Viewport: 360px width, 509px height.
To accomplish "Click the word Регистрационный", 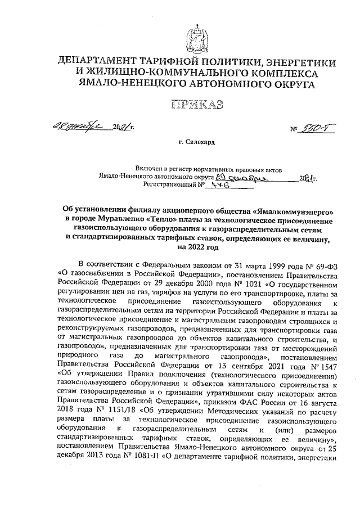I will point(169,184).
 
